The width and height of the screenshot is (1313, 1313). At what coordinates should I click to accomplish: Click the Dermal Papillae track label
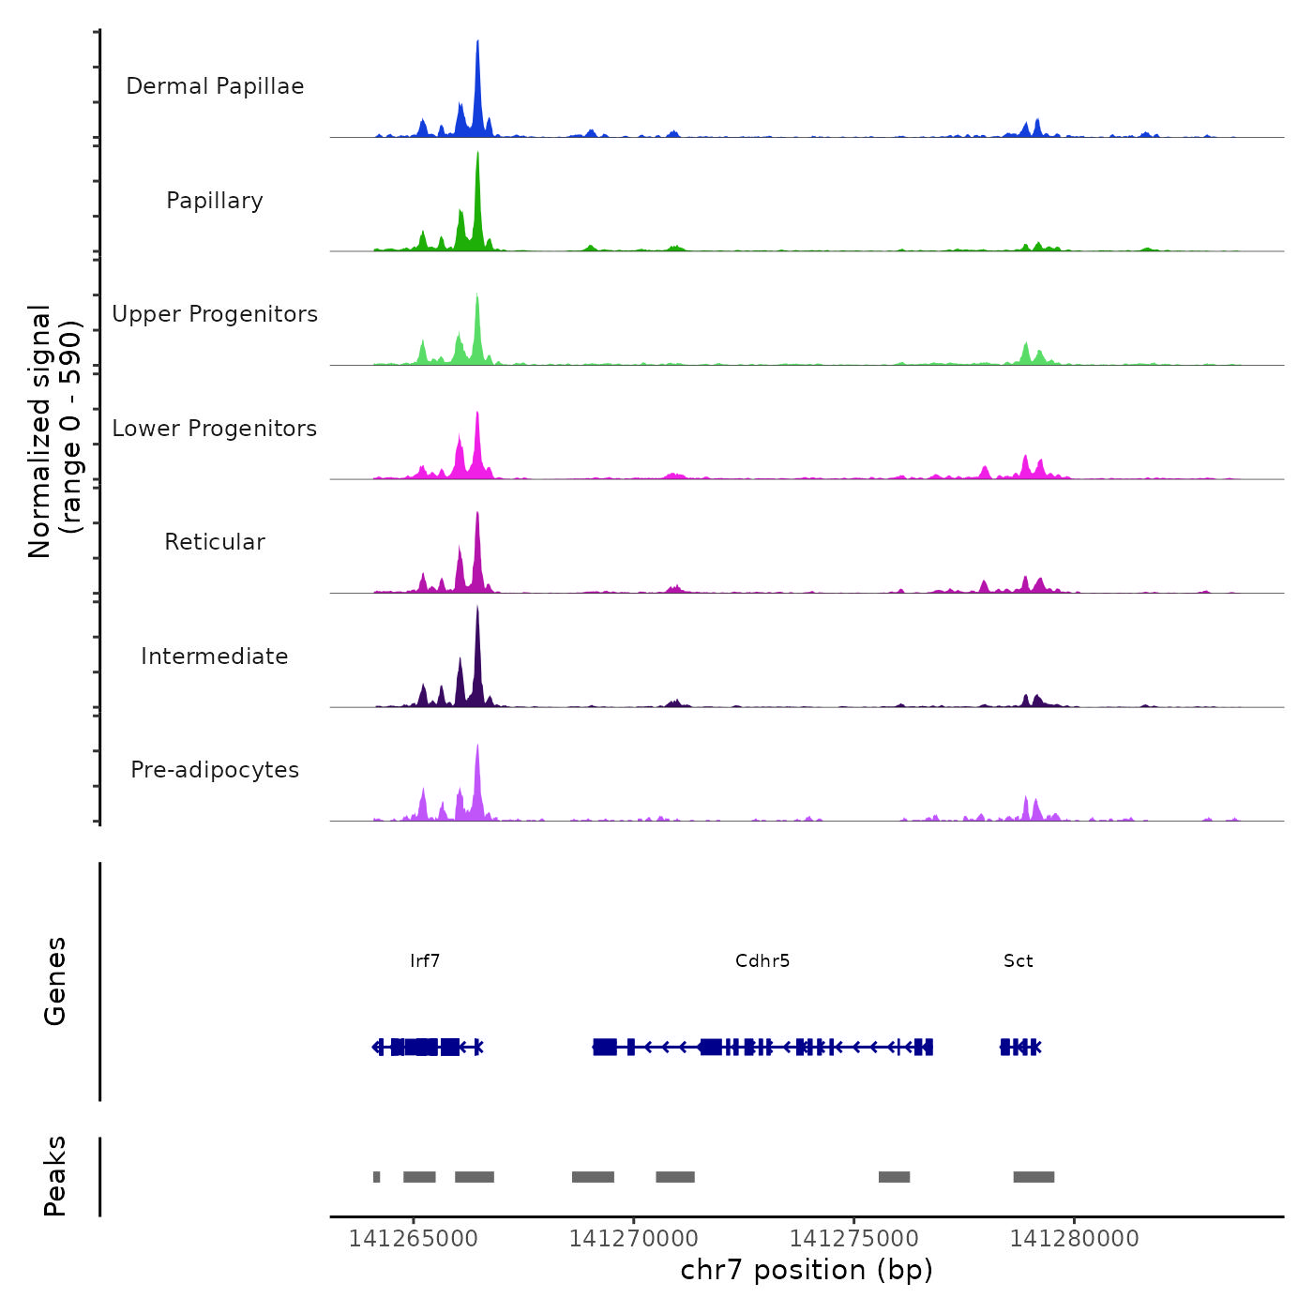coord(215,86)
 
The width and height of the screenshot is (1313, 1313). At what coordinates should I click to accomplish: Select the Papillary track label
coord(215,201)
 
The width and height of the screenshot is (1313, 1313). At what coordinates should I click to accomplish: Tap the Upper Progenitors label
coord(215,314)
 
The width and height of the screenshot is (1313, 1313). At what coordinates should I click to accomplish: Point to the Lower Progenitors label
coord(215,429)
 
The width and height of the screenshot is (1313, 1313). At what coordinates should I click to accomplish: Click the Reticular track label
coord(215,542)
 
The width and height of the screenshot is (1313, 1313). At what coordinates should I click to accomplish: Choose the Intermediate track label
coord(215,656)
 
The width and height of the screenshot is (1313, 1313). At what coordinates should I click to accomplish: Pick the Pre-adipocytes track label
coord(215,770)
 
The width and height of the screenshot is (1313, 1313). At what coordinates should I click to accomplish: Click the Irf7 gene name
coord(425,961)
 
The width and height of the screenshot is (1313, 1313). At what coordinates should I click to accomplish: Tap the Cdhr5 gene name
coord(762,961)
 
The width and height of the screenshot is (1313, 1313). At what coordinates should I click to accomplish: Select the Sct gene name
coord(1019,961)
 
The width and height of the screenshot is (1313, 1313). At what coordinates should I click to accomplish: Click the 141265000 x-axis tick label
coord(413,1239)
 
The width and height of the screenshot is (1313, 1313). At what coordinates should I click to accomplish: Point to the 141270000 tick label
coord(633,1239)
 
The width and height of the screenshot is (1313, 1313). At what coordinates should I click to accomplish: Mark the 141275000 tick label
coord(853,1239)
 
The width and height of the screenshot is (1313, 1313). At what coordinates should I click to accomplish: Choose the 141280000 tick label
coord(1074,1239)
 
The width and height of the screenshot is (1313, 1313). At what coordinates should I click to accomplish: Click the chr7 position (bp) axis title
coord(807,1270)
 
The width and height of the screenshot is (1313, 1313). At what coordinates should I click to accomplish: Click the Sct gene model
coord(1020,1047)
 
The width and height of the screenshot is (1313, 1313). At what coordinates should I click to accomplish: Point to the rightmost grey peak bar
coord(1034,1177)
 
